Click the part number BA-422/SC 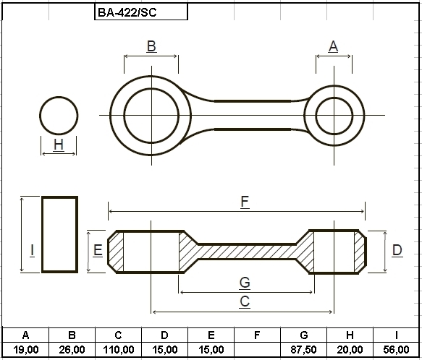tap(127, 12)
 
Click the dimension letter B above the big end tap(151, 46)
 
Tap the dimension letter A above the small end tap(334, 46)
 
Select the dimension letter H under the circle tap(59, 145)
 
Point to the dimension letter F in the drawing tap(245, 202)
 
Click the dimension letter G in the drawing tap(245, 283)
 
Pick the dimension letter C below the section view tap(245, 301)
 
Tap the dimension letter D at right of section tap(397, 250)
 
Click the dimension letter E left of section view tap(98, 250)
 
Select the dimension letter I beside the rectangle tap(32, 250)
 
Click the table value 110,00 tap(119, 350)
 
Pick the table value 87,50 tap(303, 350)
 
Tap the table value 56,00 tap(396, 350)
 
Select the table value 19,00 tap(26, 350)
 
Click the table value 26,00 tap(72, 350)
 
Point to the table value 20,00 tap(350, 350)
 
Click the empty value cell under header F tap(257, 350)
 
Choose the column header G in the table tap(304, 335)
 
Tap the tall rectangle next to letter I tap(42, 234)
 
